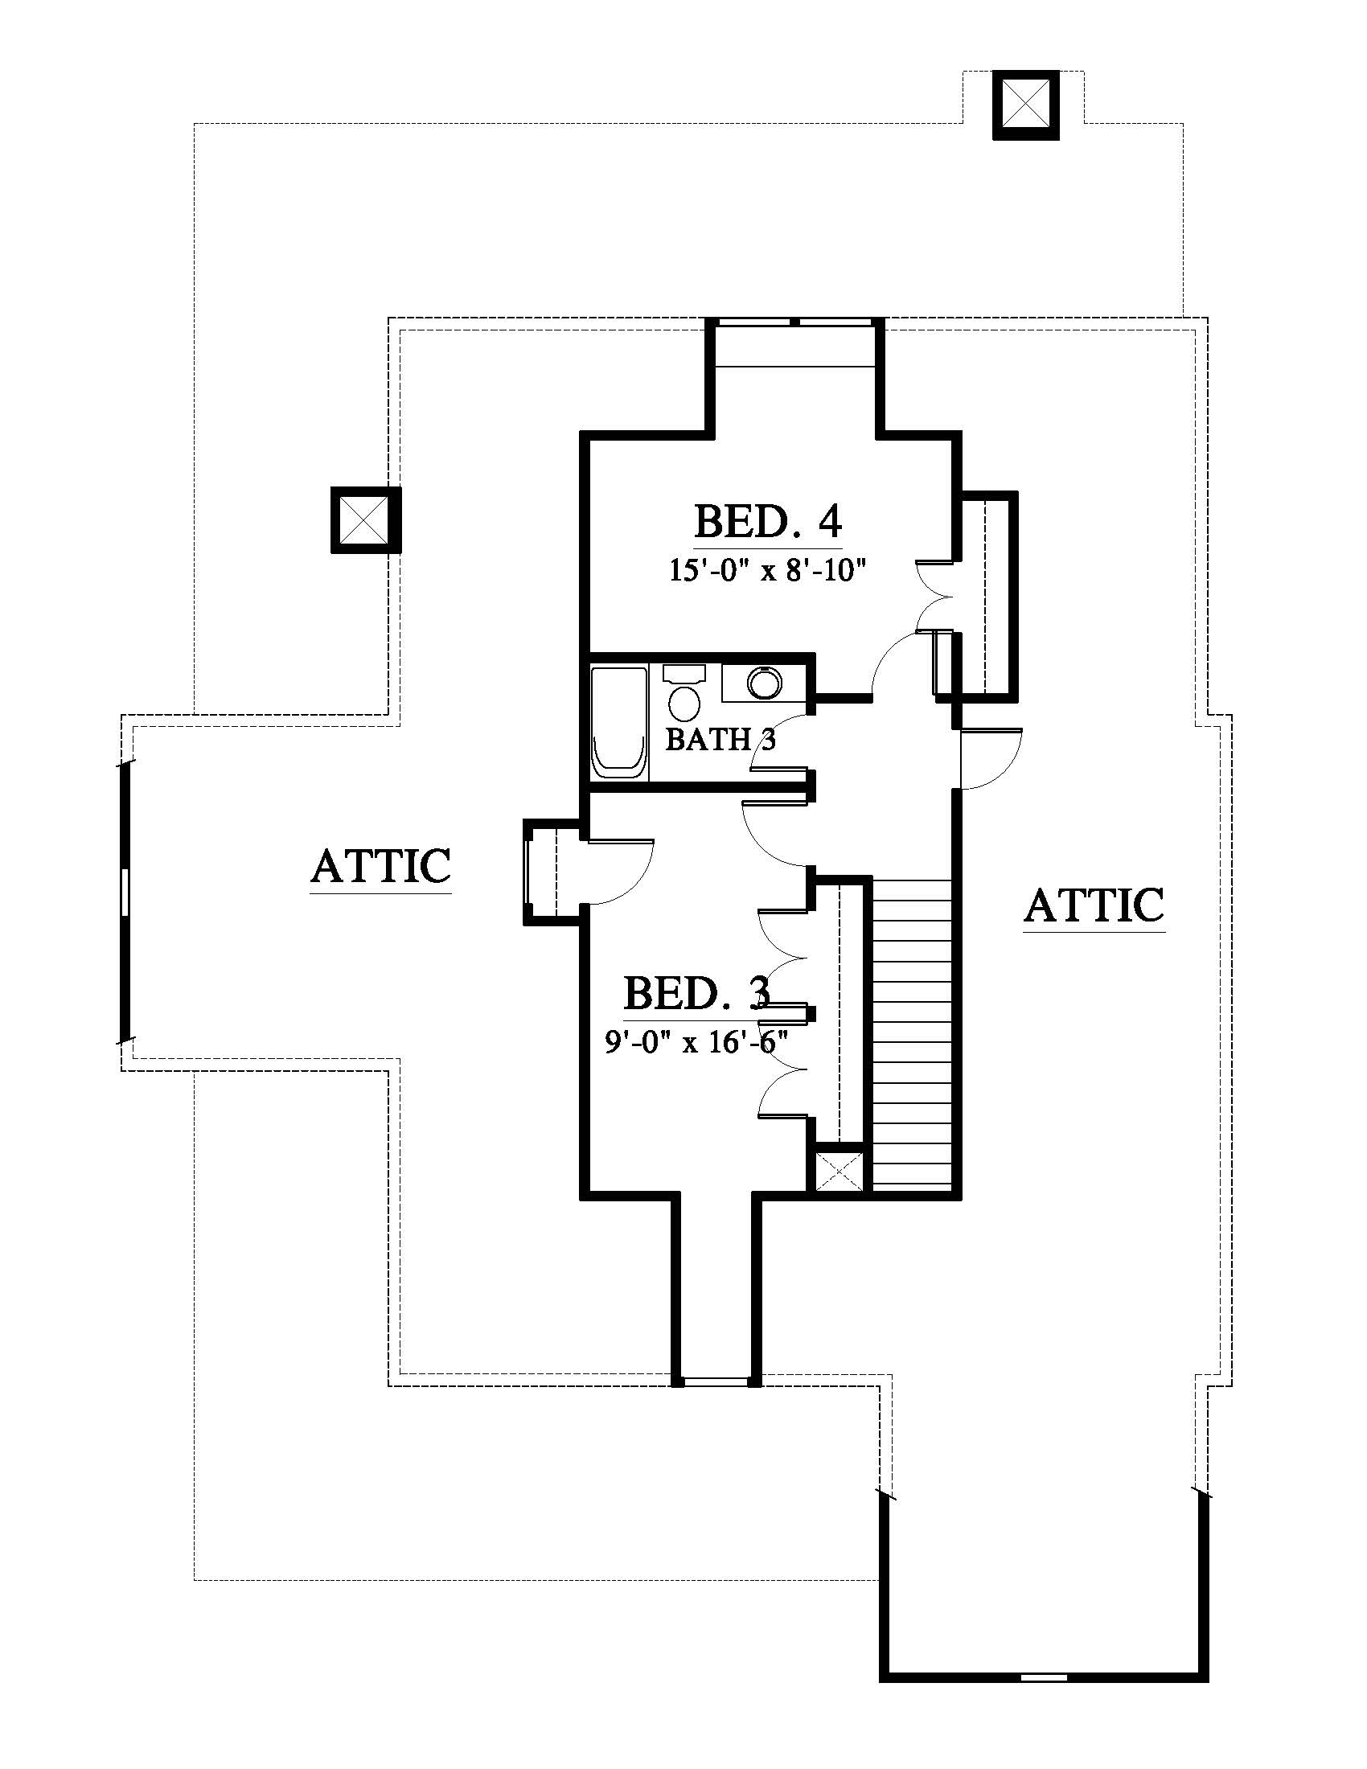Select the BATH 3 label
pyautogui.click(x=720, y=739)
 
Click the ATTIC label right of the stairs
pyautogui.click(x=1094, y=905)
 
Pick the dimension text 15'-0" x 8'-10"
pyautogui.click(x=768, y=570)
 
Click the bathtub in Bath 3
pyautogui.click(x=619, y=723)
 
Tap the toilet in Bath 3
pyautogui.click(x=685, y=693)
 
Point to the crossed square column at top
pyautogui.click(x=1026, y=105)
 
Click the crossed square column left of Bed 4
pyautogui.click(x=365, y=520)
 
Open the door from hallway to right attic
pyautogui.click(x=990, y=758)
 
